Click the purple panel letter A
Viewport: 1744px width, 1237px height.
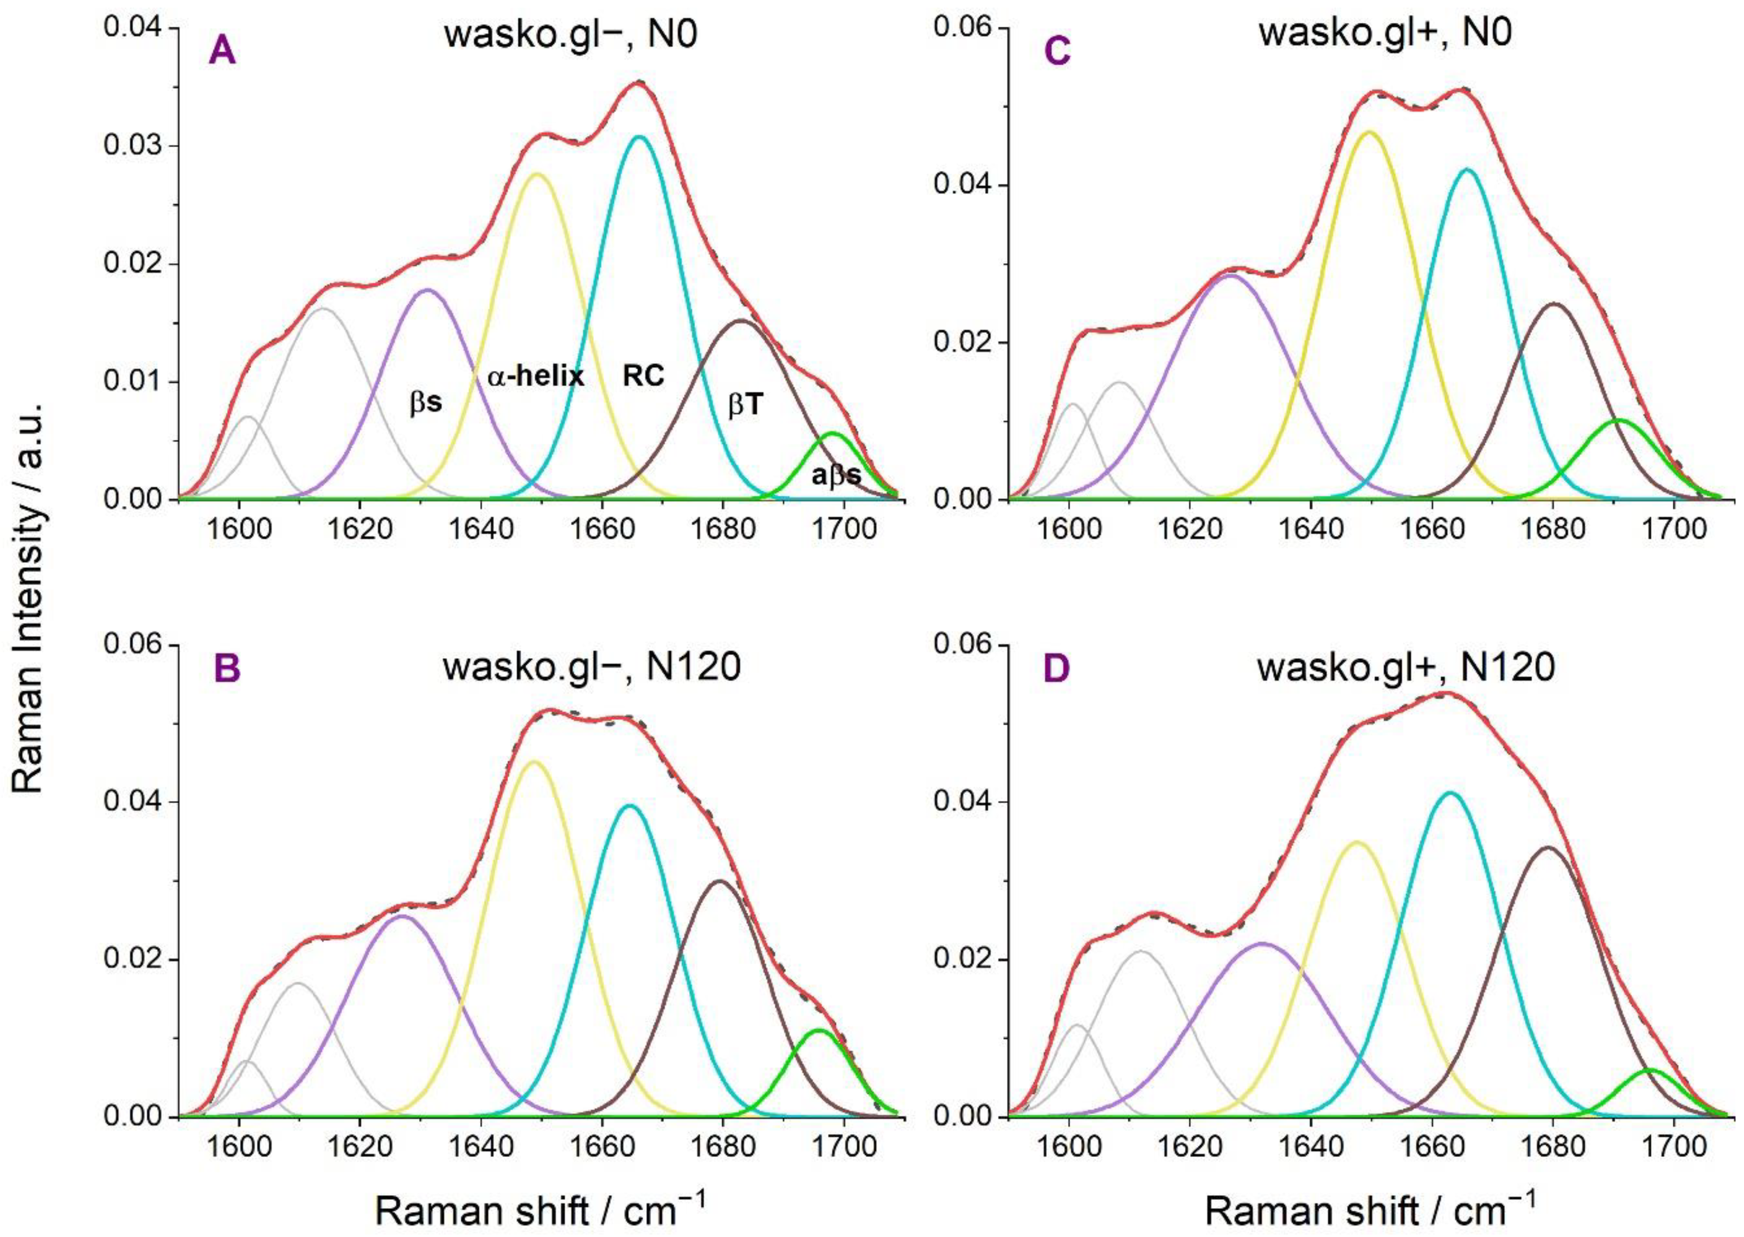point(222,52)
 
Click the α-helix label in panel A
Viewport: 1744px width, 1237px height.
point(535,376)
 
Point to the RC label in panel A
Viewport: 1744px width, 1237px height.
point(643,376)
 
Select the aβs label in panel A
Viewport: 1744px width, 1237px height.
point(836,475)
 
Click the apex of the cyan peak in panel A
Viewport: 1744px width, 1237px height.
point(639,137)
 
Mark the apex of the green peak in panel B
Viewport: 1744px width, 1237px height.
point(818,1030)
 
